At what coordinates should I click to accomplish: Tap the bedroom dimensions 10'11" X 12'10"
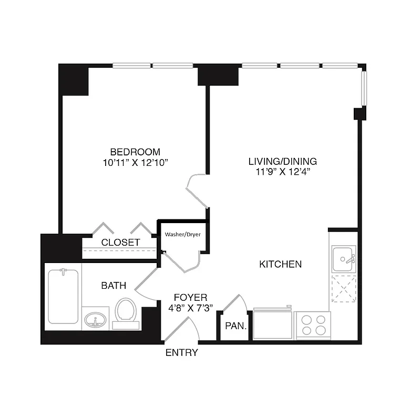pyautogui.click(x=135, y=163)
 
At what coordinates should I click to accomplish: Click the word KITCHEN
pyautogui.click(x=281, y=264)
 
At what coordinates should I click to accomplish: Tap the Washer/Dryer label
pyautogui.click(x=182, y=234)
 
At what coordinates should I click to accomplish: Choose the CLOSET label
pyautogui.click(x=120, y=243)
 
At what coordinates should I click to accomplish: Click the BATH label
pyautogui.click(x=114, y=286)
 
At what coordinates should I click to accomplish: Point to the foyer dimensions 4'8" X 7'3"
pyautogui.click(x=190, y=308)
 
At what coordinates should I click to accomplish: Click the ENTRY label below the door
pyautogui.click(x=181, y=353)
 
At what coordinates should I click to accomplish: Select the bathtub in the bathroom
pyautogui.click(x=63, y=297)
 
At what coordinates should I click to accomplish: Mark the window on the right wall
pyautogui.click(x=363, y=87)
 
